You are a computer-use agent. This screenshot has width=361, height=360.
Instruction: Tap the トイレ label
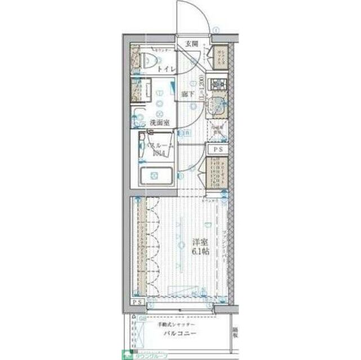pyautogui.click(x=166, y=69)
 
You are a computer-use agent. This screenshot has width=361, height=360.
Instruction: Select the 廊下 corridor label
pyautogui.click(x=188, y=94)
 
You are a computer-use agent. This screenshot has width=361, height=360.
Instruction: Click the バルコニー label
pyautogui.click(x=180, y=334)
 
